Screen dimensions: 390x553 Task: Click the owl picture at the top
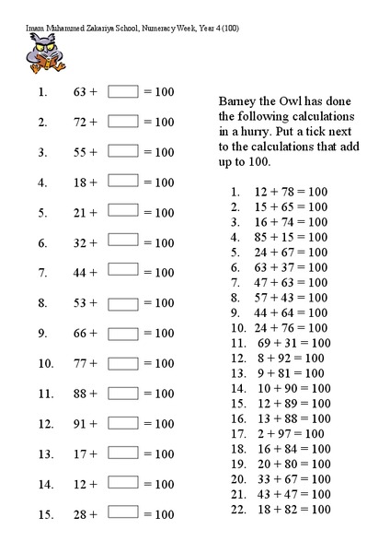point(40,54)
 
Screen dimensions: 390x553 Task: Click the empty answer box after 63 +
point(123,91)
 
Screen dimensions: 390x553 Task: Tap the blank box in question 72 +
point(123,122)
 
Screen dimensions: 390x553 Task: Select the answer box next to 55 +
point(123,152)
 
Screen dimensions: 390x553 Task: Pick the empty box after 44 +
point(123,273)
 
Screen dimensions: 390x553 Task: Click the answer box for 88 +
point(123,394)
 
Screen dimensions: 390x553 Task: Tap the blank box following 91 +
point(123,424)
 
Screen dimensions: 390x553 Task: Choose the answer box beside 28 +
point(123,514)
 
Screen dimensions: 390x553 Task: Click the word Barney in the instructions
point(242,100)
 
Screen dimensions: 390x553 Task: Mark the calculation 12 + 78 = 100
point(291,192)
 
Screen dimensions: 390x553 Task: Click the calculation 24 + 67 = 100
point(291,252)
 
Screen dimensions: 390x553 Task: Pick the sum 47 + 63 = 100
point(291,282)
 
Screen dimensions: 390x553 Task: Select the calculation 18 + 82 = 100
point(291,509)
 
